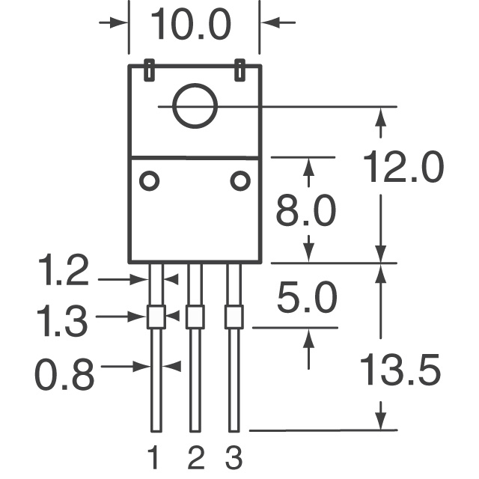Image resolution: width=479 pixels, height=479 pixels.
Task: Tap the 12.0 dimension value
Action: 403,168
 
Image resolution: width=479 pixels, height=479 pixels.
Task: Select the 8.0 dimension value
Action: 306,213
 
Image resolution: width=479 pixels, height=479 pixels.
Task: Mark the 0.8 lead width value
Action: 65,374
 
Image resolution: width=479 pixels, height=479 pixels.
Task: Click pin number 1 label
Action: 155,457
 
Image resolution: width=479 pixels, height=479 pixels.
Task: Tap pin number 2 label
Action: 195,457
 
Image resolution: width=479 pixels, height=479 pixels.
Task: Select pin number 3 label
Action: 234,457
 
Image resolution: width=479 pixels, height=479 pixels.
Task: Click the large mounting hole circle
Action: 195,106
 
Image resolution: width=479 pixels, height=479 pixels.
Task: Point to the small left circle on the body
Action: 149,180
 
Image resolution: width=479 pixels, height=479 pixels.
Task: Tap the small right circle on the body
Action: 239,180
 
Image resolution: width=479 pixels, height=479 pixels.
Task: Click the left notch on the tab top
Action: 149,70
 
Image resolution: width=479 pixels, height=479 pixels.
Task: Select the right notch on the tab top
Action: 239,70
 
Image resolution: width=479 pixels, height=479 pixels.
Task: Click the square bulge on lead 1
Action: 156,317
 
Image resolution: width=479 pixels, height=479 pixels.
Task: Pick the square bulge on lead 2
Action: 195,317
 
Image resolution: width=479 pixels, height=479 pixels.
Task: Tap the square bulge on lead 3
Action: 234,317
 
